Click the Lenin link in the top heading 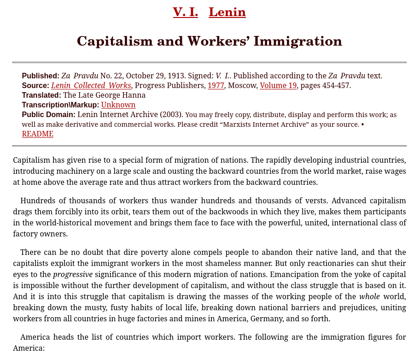tap(227, 12)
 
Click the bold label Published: tap(41, 76)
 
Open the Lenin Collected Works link tap(91, 85)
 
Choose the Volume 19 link tap(278, 85)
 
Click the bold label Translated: tap(41, 95)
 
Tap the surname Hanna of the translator tap(134, 95)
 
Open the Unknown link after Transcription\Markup tap(118, 105)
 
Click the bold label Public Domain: tap(49, 114)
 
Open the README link tap(38, 134)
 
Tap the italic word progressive tap(73, 274)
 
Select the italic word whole tap(369, 296)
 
